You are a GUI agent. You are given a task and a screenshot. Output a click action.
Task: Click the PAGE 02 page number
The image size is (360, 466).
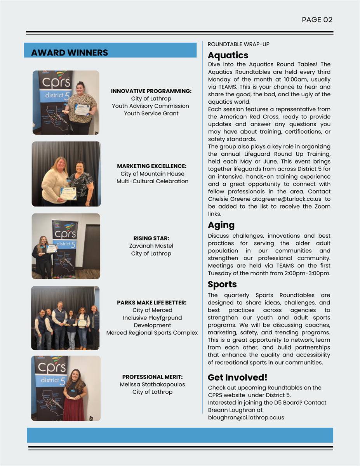point(317,20)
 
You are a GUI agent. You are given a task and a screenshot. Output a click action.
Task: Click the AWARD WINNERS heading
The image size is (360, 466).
point(70,53)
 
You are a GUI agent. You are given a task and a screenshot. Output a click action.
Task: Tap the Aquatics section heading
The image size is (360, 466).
point(228,55)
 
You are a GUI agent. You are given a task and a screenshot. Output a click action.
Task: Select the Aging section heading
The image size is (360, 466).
point(221,225)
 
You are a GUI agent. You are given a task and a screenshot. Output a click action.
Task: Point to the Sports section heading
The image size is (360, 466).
point(222,285)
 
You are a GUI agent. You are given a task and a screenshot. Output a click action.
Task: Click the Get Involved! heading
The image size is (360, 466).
point(237,377)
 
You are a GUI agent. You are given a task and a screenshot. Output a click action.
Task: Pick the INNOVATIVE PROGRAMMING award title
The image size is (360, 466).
point(151,91)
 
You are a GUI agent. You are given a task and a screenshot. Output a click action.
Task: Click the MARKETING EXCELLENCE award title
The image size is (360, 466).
point(152,166)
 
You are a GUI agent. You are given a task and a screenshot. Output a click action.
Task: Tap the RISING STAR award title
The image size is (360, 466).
point(151,238)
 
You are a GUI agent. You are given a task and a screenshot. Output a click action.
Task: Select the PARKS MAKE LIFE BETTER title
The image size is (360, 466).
point(152,303)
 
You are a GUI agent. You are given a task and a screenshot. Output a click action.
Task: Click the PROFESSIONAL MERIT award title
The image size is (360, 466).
point(152,377)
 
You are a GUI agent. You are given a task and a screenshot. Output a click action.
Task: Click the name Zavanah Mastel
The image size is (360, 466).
point(151,246)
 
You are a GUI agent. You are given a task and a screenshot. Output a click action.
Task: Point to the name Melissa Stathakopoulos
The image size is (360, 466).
point(152,384)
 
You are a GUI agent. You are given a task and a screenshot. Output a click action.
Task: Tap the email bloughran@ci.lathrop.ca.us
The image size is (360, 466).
point(246,417)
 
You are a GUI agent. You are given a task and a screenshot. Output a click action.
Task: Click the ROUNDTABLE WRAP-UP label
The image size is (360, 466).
point(238,44)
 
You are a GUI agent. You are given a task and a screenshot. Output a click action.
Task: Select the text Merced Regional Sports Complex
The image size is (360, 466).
point(152,333)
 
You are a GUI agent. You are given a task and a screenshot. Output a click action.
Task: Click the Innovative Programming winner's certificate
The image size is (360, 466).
point(82,110)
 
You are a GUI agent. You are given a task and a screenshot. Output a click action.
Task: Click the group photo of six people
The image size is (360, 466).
point(66,318)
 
